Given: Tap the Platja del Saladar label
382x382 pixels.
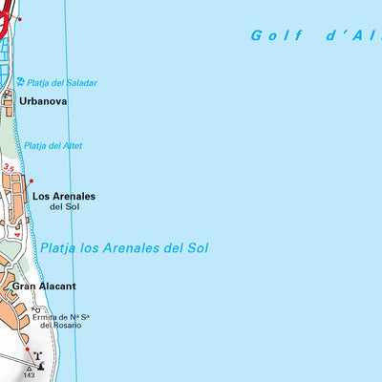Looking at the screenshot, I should point(62,83).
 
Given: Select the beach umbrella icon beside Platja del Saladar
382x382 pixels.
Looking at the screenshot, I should point(20,82).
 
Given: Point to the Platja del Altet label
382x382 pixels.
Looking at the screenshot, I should point(53,145).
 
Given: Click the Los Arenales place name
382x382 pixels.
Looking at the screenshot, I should point(64,196).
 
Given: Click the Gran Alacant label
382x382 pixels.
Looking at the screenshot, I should point(44,286).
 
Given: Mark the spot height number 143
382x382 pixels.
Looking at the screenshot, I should point(28,375).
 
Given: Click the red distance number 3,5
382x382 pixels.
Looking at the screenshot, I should point(10,167).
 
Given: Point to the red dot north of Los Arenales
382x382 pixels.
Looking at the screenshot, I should point(31,180).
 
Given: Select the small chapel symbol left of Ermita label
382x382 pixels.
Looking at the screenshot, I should point(37,309).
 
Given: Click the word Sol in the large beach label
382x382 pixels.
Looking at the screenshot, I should point(196,247).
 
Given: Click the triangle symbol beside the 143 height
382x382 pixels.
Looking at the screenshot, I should point(28,367).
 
